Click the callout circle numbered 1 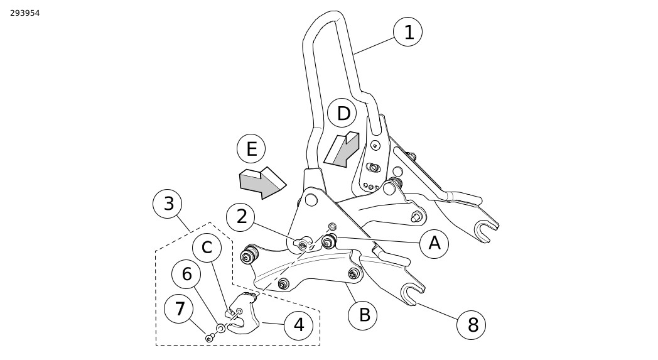(x=407, y=32)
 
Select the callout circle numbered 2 (x=240, y=217)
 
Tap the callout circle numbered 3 (x=168, y=204)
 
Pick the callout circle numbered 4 (x=298, y=325)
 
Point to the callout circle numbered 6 (x=186, y=275)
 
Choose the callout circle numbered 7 (x=179, y=308)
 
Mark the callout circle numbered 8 (x=472, y=325)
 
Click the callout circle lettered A (x=434, y=243)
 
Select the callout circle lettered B (x=362, y=315)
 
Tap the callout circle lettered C (x=207, y=248)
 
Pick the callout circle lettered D (x=342, y=113)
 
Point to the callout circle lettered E (x=251, y=149)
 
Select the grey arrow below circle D (x=342, y=150)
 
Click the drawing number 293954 (x=24, y=13)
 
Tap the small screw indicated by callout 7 (x=209, y=338)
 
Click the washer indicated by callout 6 (x=220, y=328)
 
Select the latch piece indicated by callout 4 (x=242, y=314)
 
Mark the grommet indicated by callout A (x=330, y=241)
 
